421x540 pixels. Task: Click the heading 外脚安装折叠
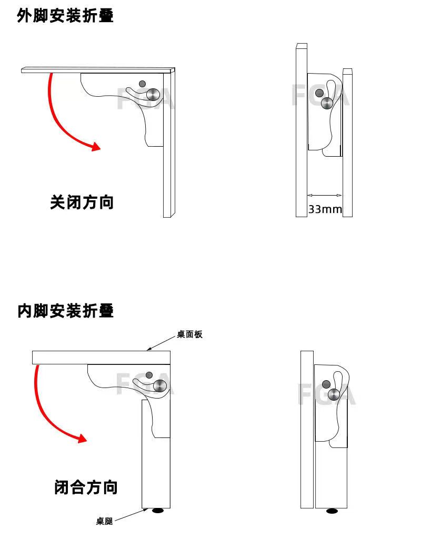point(65,16)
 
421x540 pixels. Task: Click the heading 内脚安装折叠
point(65,311)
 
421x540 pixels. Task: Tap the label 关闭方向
point(82,202)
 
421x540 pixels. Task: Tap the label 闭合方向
point(86,487)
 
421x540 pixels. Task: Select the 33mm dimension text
point(325,209)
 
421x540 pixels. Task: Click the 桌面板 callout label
point(189,334)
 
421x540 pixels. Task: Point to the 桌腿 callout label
point(104,521)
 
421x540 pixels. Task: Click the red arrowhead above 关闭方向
point(95,146)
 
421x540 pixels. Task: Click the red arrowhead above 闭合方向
point(82,437)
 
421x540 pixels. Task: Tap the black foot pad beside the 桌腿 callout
point(158,511)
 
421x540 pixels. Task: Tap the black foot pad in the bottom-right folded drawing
point(332,511)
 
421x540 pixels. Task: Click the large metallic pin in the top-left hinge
point(153,94)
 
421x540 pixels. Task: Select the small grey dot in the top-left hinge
point(142,84)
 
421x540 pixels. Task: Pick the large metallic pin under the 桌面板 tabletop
point(160,386)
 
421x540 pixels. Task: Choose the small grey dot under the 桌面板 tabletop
point(149,375)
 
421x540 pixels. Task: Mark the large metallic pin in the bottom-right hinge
point(334,394)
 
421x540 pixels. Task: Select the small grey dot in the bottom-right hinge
point(326,383)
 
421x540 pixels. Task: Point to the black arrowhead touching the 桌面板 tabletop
point(149,348)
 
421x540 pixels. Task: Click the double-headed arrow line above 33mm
point(325,196)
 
